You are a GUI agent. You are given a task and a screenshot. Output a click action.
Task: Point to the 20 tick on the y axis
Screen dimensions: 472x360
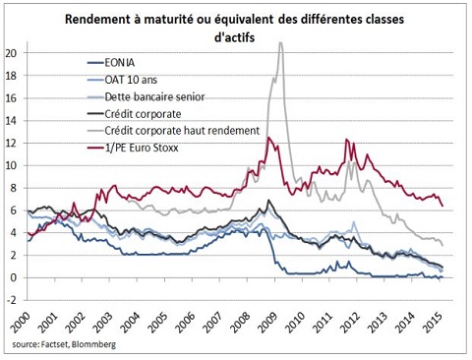click(11, 53)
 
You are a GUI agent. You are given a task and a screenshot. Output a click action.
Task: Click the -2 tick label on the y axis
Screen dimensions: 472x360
click(11, 300)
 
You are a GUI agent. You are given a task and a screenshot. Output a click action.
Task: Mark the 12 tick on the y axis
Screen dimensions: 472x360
click(11, 143)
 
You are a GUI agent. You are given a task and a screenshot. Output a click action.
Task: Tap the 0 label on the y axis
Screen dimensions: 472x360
click(14, 277)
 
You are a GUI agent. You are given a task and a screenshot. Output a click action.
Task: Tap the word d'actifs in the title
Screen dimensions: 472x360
click(234, 37)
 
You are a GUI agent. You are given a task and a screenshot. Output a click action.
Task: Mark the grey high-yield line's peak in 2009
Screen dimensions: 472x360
click(280, 42)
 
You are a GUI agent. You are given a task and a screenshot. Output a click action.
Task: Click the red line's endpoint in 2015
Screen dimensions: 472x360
click(442, 206)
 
